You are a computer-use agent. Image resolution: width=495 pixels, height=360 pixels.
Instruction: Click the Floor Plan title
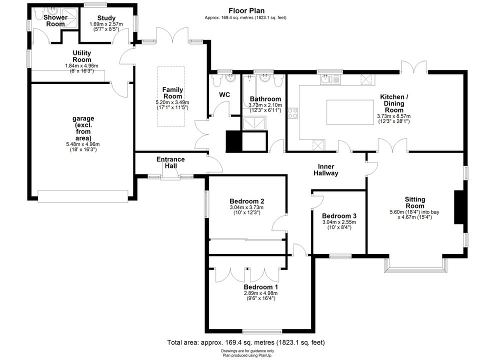tap(246, 11)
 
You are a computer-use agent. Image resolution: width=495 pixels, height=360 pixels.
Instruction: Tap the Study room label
tap(106, 18)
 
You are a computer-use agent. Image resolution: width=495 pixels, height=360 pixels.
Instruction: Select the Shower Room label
tap(55, 20)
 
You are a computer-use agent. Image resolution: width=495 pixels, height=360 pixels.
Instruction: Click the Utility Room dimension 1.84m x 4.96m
tap(81, 66)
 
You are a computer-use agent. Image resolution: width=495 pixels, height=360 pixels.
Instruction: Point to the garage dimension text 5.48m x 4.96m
tap(83, 144)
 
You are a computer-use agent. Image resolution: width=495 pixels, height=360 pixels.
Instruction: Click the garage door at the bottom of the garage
tap(83, 196)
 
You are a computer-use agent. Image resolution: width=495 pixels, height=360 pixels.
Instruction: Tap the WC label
tap(224, 94)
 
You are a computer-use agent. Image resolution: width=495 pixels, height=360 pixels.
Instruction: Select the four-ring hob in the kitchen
tap(292, 113)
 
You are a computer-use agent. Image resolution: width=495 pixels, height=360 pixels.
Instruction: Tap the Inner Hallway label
tap(326, 169)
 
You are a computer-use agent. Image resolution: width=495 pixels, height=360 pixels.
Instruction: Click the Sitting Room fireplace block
tap(458, 207)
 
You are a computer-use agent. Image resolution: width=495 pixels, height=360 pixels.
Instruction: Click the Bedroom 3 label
tap(339, 216)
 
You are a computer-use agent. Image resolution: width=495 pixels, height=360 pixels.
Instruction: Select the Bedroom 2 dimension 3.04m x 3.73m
tap(246, 207)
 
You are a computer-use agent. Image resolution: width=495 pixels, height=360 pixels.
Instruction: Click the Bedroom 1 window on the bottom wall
tap(262, 331)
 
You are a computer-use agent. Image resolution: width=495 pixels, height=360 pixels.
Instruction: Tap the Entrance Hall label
tap(170, 162)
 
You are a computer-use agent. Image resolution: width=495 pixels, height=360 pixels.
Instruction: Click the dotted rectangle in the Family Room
tap(171, 96)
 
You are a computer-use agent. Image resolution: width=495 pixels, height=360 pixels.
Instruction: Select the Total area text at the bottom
tap(246, 342)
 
